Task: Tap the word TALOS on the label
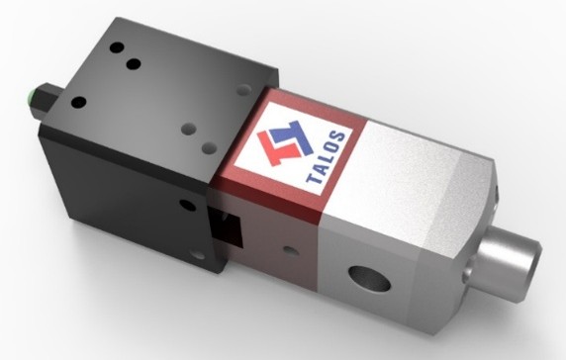click(326, 157)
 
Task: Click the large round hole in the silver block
click(370, 278)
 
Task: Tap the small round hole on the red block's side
click(291, 250)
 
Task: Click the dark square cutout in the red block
click(226, 227)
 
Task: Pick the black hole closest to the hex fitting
click(79, 103)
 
